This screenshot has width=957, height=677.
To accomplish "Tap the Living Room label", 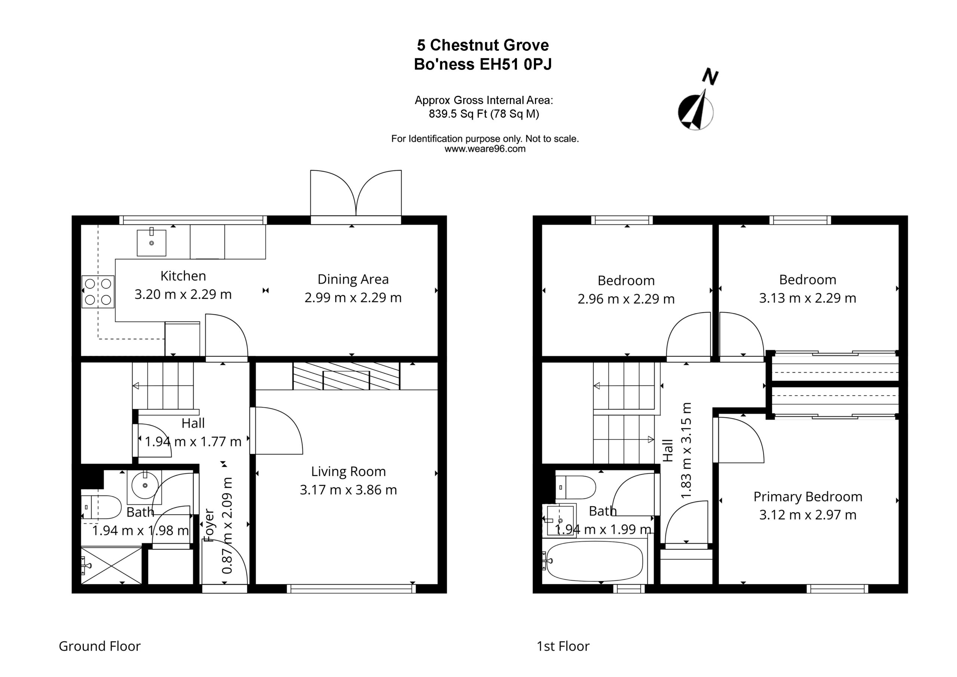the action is (x=348, y=471).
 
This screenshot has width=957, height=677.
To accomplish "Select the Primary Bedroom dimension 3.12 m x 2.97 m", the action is (x=808, y=515).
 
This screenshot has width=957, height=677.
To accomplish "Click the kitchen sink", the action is (x=152, y=242).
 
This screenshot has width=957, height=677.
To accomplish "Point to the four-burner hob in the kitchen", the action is (x=98, y=292).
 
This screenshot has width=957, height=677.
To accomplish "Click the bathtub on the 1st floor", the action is (x=595, y=561).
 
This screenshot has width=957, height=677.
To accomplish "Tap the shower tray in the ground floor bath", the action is (x=111, y=566).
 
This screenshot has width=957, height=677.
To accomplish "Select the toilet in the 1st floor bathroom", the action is (x=575, y=487).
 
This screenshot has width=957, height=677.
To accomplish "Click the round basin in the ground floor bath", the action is (x=145, y=485).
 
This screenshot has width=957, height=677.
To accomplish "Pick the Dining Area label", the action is (x=353, y=279).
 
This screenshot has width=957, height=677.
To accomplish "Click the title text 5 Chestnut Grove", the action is (x=483, y=45).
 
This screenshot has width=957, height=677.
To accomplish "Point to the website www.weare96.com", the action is (x=485, y=149).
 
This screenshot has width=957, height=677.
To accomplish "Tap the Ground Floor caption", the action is (x=99, y=646).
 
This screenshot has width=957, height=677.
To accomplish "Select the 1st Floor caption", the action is (x=563, y=646).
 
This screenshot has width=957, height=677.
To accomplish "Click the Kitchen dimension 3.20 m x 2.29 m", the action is (x=183, y=294).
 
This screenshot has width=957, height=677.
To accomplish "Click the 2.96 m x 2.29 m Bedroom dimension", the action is (x=626, y=298).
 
